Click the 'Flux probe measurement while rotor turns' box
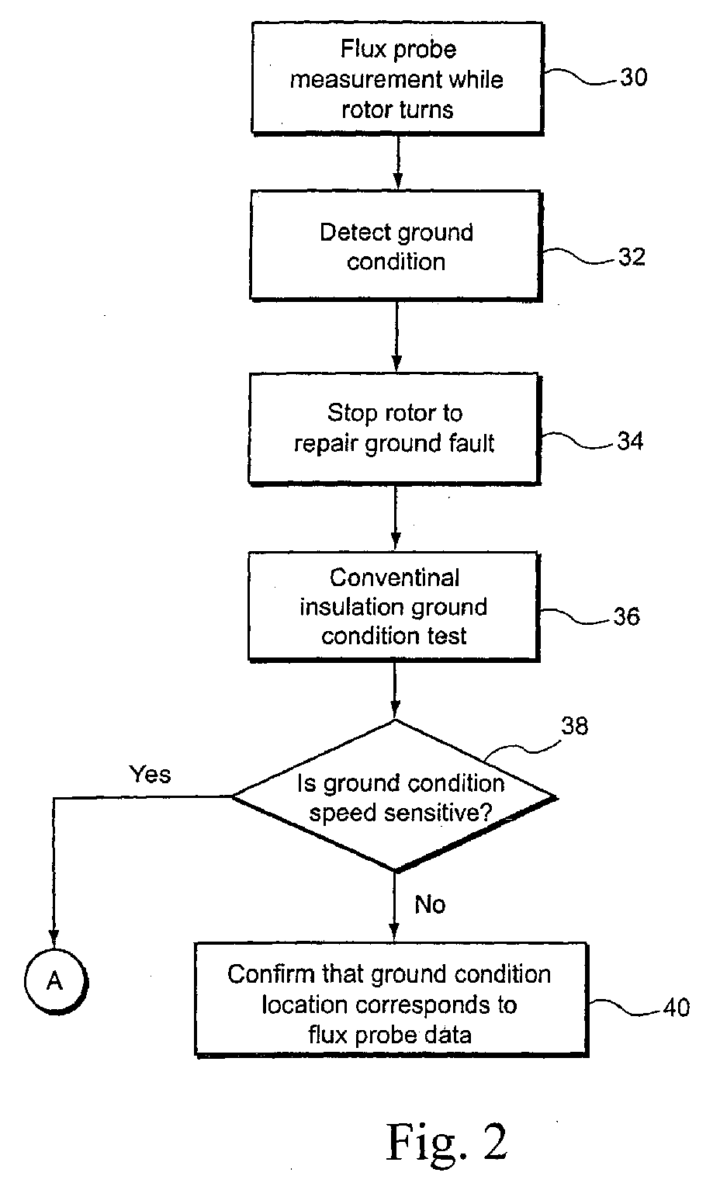397,78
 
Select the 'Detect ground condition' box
396,246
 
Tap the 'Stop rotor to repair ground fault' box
394,428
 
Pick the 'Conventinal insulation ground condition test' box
394,606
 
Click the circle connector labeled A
56,981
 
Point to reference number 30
633,77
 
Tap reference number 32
632,257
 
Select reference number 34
630,441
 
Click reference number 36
627,616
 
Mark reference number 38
574,726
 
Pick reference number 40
677,1008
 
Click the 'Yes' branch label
151,774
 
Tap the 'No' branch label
430,904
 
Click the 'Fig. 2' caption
447,1142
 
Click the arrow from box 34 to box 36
396,518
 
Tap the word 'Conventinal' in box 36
394,578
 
